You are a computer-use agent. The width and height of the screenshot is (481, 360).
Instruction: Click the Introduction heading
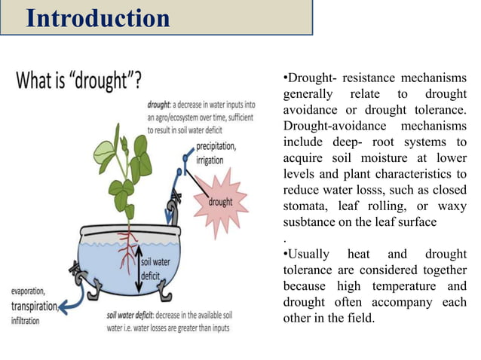[x=98, y=18]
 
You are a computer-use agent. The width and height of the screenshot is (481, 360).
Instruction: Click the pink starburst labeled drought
[x=219, y=202]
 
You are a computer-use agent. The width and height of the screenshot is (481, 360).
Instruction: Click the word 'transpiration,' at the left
[x=34, y=306]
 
